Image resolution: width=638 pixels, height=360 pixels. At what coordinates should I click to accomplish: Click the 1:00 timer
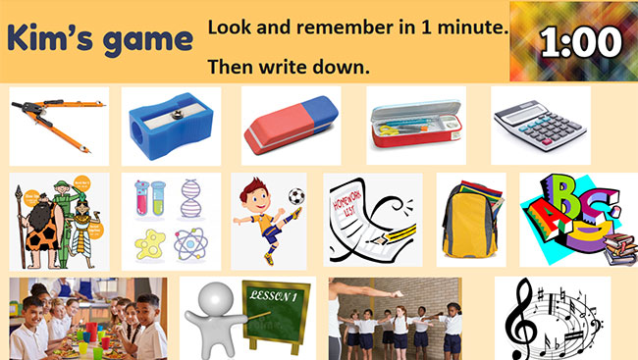pos(580,41)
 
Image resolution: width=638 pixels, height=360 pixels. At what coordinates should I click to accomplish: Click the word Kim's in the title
pos(50,39)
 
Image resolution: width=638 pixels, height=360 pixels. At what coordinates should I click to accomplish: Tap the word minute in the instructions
pos(468,27)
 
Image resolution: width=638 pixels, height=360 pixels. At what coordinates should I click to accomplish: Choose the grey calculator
pos(539,126)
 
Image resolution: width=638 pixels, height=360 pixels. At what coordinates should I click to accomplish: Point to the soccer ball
pos(296,196)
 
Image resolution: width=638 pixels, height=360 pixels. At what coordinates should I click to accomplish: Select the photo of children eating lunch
pos(87,318)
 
